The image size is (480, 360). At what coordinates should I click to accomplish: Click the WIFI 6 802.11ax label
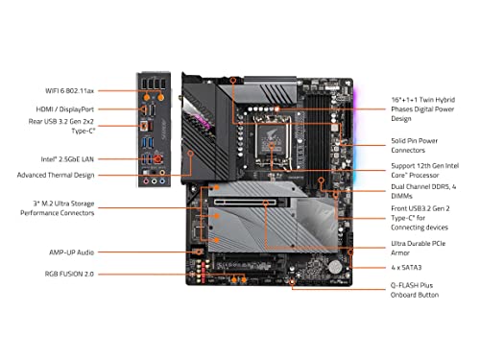tap(70, 90)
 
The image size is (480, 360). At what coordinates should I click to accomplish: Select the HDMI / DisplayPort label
tap(65, 109)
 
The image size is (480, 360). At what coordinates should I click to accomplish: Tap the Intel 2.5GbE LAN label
tap(67, 159)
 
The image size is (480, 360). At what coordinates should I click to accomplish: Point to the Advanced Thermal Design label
tap(56, 175)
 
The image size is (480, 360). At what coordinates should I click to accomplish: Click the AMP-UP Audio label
tap(71, 252)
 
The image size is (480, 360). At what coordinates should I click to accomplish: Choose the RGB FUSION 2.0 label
tap(69, 274)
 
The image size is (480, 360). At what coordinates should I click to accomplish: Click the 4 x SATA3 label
tap(406, 267)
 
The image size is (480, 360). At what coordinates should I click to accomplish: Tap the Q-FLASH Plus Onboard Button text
tap(415, 290)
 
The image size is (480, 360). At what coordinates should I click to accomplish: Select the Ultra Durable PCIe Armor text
tap(418, 248)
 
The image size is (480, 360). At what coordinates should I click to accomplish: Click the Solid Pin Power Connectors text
tap(414, 145)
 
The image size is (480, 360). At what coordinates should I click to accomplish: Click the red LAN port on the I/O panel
tap(157, 158)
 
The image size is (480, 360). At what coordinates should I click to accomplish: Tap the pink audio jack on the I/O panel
tap(146, 181)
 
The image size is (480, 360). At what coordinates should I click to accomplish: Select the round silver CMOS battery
tap(335, 266)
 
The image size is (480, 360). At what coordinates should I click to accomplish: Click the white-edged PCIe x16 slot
tap(245, 202)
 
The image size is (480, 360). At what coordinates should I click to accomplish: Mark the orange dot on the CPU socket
tap(272, 146)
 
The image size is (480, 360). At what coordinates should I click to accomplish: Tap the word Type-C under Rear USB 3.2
tap(84, 131)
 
